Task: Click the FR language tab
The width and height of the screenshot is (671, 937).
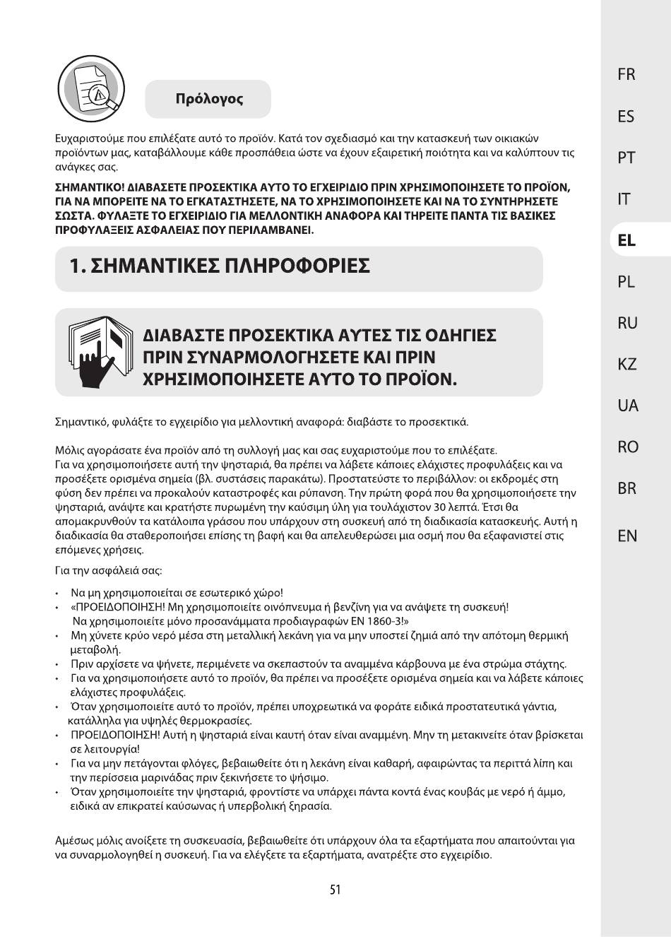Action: coord(626,74)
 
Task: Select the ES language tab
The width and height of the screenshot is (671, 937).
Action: coord(626,116)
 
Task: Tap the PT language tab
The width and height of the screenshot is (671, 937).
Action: coord(626,158)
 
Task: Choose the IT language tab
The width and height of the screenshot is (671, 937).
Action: coord(624,199)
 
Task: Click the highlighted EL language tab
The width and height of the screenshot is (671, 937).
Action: coord(627,240)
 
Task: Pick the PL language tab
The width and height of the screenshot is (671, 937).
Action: coord(626,281)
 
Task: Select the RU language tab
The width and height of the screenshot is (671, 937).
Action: coord(627,323)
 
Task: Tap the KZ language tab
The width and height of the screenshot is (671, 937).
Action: coord(627,364)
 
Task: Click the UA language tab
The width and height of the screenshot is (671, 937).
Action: coord(627,406)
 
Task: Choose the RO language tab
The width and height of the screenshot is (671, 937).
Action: coord(627,447)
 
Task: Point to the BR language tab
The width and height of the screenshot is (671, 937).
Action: coord(627,488)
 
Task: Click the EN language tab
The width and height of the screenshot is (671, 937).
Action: coord(627,536)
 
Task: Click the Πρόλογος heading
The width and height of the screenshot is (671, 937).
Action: coord(209,99)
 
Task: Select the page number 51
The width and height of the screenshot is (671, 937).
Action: coord(335,890)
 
